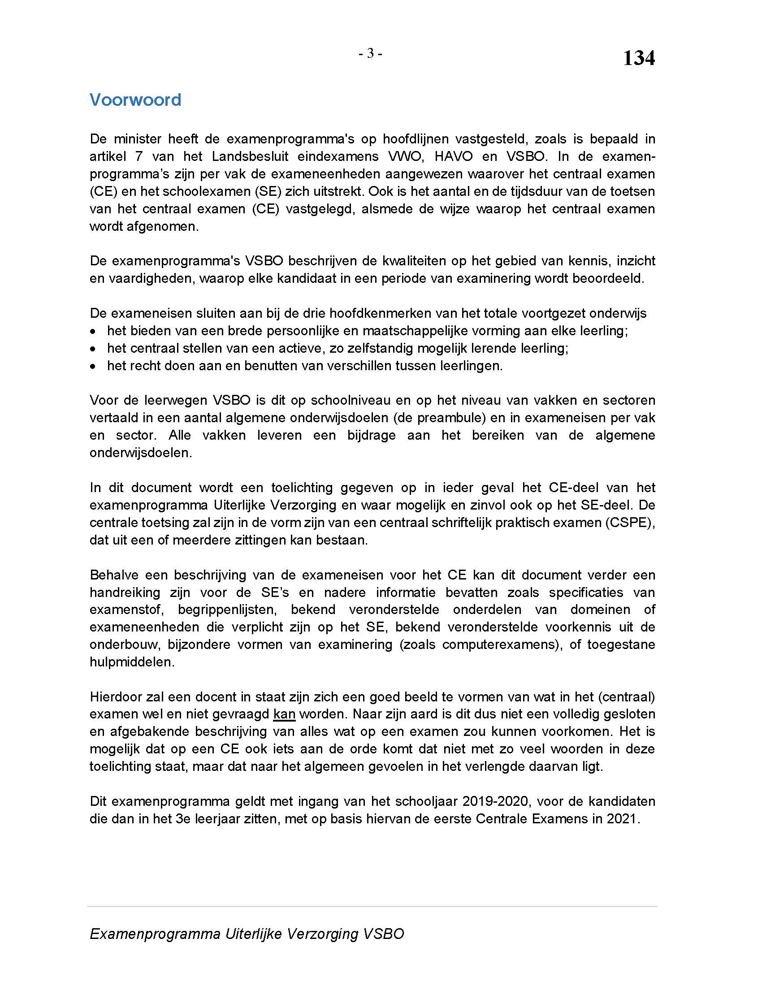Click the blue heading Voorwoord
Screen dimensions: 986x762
pos(135,100)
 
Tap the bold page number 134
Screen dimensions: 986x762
pos(638,58)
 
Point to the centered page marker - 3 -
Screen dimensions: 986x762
pos(370,54)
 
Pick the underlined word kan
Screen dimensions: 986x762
pos(284,714)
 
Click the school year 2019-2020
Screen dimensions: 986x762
pos(495,801)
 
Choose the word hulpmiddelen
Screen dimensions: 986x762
pos(132,662)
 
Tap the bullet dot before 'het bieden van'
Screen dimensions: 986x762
pos(93,331)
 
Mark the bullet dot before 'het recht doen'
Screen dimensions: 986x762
pos(93,366)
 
